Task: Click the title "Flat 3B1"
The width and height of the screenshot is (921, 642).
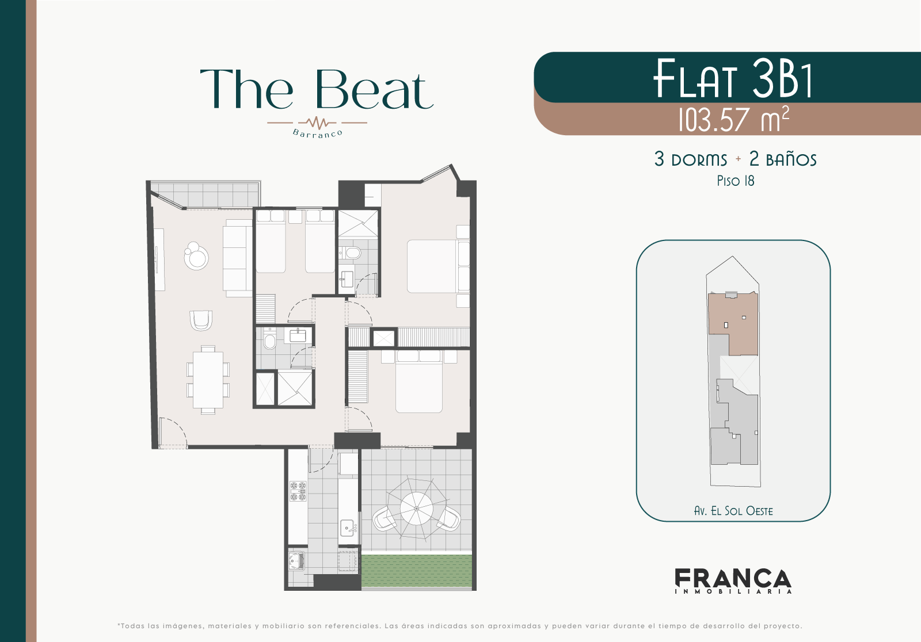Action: (x=733, y=78)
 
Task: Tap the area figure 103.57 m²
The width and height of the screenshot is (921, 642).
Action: (x=733, y=119)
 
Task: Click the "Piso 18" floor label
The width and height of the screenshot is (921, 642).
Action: (x=735, y=181)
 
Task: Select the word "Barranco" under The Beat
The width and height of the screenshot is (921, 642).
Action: (x=317, y=133)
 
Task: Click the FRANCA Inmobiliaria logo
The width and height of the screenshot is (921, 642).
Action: (x=733, y=581)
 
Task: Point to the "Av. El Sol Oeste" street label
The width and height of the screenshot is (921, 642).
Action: (x=733, y=511)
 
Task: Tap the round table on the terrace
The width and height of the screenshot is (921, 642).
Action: (x=416, y=509)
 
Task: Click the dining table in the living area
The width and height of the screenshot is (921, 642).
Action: (x=208, y=379)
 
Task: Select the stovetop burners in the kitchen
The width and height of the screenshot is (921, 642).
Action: (x=298, y=491)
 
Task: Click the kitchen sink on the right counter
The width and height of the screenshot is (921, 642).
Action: (x=348, y=527)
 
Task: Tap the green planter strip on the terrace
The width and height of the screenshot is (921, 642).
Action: (x=417, y=571)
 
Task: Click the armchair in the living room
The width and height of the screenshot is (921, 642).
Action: (x=201, y=320)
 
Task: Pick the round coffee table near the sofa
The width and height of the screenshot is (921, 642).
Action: (x=196, y=256)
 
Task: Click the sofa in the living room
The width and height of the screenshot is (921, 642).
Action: (x=238, y=258)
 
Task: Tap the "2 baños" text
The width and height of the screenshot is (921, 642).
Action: (x=783, y=159)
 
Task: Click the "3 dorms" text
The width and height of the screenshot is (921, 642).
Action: (x=691, y=159)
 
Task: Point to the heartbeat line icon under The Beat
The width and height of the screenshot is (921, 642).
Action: (x=317, y=123)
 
